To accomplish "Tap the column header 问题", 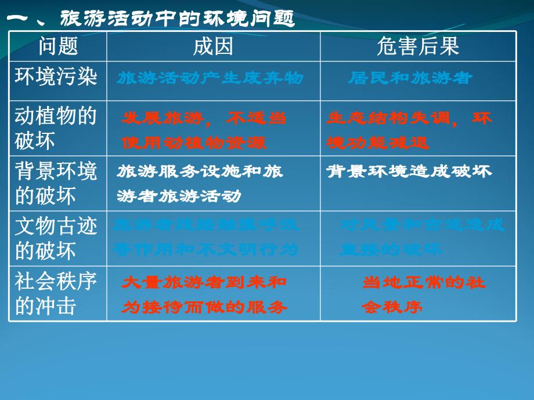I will point(57,46).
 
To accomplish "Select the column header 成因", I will point(213,46).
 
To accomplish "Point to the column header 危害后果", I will point(418,46).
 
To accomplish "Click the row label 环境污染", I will point(56,77).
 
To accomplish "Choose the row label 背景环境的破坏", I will point(56,183).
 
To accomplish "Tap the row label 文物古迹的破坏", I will point(56,238).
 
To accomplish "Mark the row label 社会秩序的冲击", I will point(56,293).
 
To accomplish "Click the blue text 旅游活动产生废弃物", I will point(210,78).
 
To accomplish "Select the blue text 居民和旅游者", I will point(410,78).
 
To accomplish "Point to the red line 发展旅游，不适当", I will point(204,118).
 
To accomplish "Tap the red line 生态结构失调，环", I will point(409,118).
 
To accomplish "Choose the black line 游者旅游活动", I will point(179,197).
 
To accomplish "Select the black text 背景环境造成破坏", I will point(409,171).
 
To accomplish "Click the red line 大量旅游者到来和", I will point(204,283).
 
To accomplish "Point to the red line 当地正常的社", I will point(424,283).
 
